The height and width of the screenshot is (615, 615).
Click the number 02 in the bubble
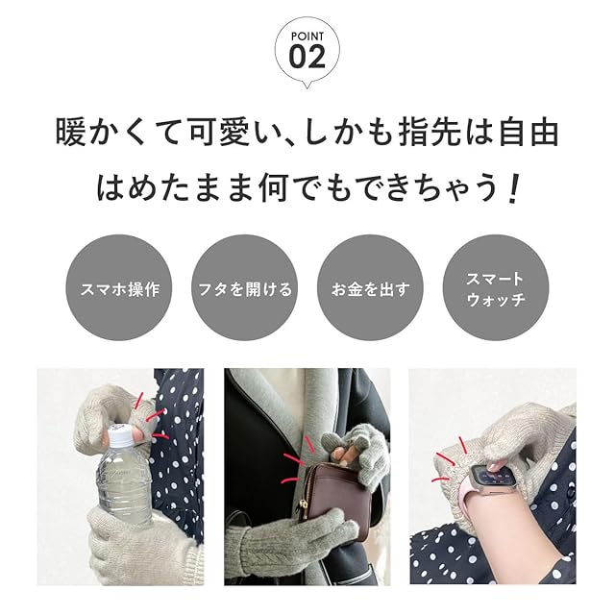click(307, 57)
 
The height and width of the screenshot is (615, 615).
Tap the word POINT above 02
click(307, 37)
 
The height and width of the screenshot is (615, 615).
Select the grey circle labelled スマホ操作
click(119, 287)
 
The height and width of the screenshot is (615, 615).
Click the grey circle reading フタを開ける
click(245, 287)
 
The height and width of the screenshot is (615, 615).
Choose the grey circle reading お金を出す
click(370, 287)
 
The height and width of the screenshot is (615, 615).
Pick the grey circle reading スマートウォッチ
click(496, 287)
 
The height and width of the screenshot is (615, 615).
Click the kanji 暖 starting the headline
click(70, 133)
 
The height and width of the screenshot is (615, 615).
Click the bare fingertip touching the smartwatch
click(495, 466)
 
